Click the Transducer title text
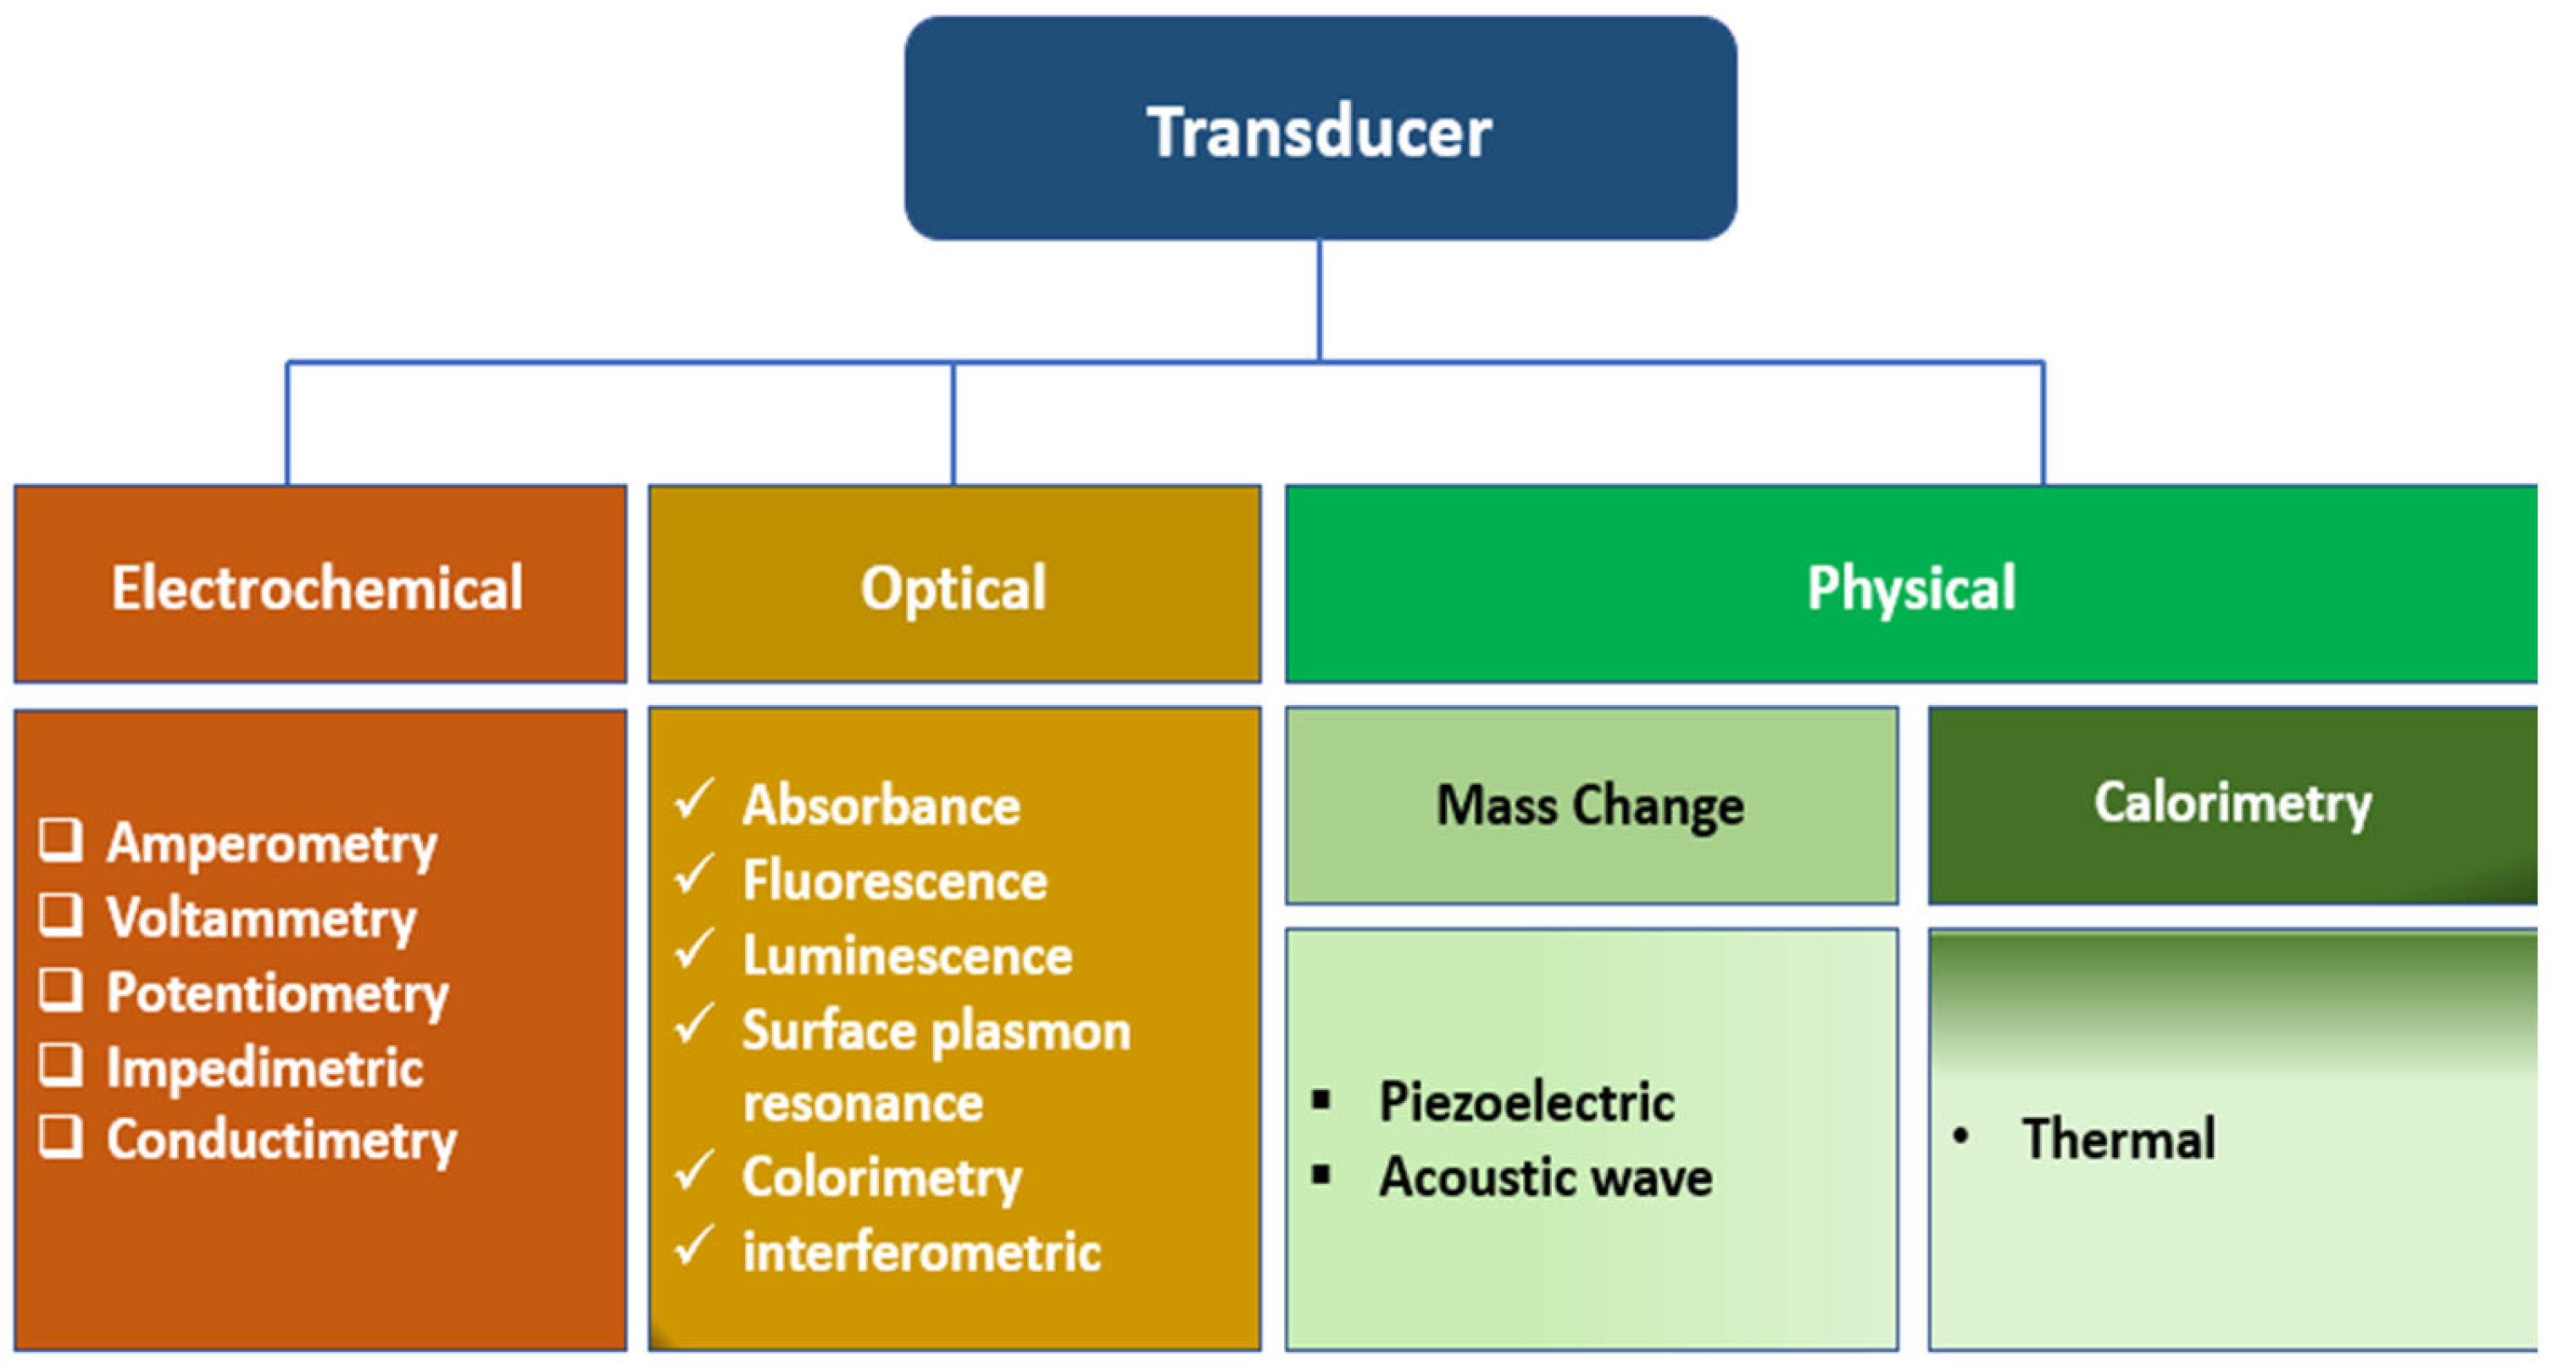1319,131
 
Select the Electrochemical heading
317,588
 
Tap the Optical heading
953,588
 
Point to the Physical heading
1910,588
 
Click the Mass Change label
1590,805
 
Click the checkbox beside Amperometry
60,840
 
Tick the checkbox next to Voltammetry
60,915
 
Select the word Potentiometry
277,993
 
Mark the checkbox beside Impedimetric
60,1065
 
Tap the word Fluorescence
894,881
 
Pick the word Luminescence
908,956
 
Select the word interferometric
921,1252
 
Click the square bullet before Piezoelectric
1320,1099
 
